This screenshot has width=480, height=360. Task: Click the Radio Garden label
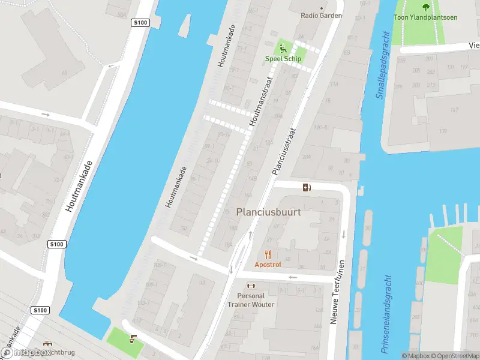[321, 16]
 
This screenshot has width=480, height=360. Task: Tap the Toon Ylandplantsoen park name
[425, 17]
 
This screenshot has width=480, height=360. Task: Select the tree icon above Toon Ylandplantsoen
[425, 7]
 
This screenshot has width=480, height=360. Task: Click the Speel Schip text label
[283, 59]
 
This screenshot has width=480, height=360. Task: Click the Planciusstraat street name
[285, 150]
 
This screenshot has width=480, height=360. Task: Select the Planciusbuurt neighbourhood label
[268, 212]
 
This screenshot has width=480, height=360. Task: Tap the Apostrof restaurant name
[268, 265]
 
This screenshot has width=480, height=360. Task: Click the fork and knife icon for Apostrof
[268, 254]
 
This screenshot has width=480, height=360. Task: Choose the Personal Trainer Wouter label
[256, 300]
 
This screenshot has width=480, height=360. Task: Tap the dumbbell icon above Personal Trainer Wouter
[251, 286]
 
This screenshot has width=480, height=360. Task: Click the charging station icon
[307, 187]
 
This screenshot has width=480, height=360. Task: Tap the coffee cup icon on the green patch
[133, 339]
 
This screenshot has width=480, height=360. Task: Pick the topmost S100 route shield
[139, 23]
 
